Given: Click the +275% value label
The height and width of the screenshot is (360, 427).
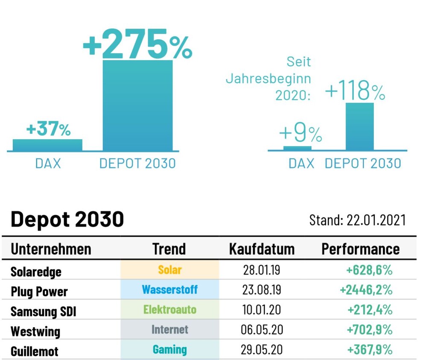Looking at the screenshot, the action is tap(137, 44).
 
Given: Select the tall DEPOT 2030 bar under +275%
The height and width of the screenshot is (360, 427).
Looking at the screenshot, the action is tap(137, 105).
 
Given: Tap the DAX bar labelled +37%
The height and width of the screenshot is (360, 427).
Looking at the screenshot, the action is tap(47, 145).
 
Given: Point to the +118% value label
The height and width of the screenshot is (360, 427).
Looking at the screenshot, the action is tap(355, 90).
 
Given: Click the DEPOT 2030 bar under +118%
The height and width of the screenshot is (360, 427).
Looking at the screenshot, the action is tap(360, 126).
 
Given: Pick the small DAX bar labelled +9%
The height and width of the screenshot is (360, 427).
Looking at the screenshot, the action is tap(297, 148).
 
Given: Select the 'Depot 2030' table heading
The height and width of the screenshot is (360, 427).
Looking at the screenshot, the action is tap(67, 220).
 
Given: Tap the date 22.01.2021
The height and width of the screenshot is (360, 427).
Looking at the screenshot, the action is tap(376, 220).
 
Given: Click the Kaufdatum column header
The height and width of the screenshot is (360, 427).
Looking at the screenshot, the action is tap(262, 249).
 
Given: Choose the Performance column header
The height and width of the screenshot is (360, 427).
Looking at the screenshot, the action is tap(360, 249).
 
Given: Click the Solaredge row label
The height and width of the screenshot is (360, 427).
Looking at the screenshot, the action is tap(36, 272).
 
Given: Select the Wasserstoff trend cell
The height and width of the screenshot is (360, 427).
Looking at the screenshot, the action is tap(170, 290).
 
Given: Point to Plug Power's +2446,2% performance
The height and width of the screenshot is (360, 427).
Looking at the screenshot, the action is tap(366, 290).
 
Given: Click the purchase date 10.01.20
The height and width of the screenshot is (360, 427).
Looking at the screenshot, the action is tap(261, 310).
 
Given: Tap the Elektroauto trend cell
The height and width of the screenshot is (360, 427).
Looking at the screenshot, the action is tap(170, 309).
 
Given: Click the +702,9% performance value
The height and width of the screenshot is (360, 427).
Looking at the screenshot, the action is tap(369, 330).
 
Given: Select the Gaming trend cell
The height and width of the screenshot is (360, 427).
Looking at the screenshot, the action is tap(170, 350).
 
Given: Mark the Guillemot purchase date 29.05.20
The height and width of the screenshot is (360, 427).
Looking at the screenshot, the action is tap(262, 350).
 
